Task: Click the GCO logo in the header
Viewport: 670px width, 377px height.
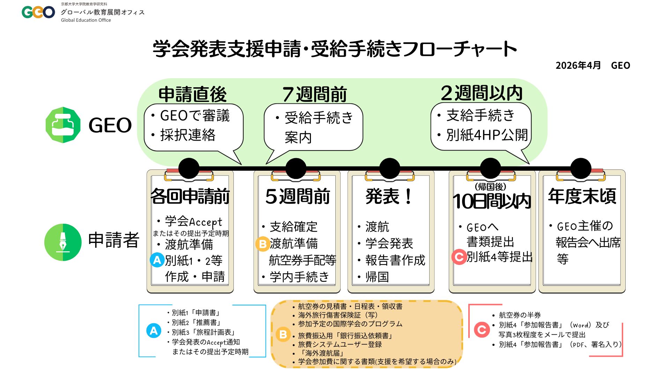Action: (x=38, y=12)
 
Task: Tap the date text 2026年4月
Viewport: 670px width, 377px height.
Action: (x=578, y=66)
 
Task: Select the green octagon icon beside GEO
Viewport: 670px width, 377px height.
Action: (x=63, y=125)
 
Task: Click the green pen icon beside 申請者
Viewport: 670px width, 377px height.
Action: (x=63, y=242)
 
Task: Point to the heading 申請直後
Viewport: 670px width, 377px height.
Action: (x=192, y=94)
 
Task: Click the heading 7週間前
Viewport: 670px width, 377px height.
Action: (x=314, y=94)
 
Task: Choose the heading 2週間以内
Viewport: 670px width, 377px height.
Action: (x=482, y=93)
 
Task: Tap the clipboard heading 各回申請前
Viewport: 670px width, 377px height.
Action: (x=190, y=196)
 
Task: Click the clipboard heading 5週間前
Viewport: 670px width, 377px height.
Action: (x=297, y=196)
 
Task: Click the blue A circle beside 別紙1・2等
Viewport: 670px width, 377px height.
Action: (x=157, y=260)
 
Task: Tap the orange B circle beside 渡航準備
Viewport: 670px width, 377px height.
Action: (x=262, y=244)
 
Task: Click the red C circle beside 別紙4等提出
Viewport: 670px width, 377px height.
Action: (x=459, y=257)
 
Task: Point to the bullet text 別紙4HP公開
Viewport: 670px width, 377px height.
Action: (x=487, y=135)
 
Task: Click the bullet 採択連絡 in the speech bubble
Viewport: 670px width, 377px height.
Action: (x=188, y=135)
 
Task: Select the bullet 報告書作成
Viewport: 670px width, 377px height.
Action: (x=395, y=260)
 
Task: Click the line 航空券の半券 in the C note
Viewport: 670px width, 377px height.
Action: (x=520, y=315)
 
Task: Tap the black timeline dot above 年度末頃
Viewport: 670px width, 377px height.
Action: (x=581, y=168)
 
